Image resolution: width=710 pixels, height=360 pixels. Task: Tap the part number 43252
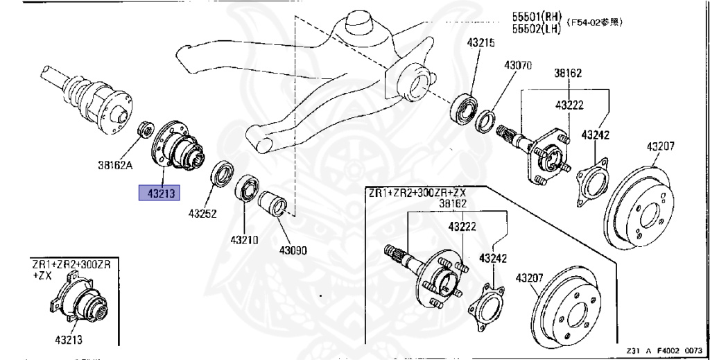tap(202, 214)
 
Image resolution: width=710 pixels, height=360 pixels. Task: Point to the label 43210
tap(244, 241)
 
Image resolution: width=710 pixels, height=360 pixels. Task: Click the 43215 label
tap(480, 43)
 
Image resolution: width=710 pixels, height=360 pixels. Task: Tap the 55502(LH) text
tap(537, 29)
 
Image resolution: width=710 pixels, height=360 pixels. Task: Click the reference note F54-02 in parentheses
tap(594, 22)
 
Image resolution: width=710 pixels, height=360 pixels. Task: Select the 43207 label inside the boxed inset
tap(530, 278)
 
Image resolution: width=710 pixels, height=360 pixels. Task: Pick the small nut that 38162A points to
tap(145, 128)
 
